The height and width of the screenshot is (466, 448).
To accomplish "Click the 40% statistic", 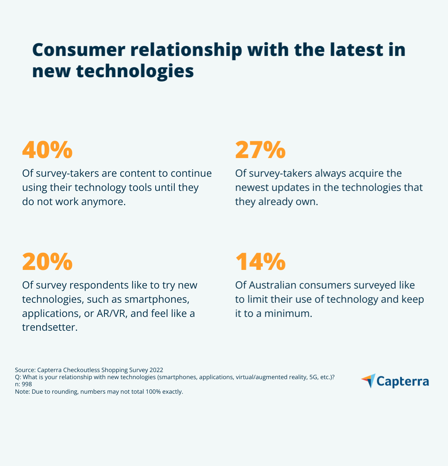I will coord(47,150).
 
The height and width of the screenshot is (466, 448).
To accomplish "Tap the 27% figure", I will coord(260,150).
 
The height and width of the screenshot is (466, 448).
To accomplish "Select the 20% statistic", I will coord(47,262).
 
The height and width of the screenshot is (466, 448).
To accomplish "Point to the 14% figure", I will coord(260,262).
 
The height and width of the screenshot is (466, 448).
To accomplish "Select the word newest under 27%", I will coord(252,188).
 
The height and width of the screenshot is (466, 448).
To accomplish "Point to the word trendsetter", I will coord(50,327).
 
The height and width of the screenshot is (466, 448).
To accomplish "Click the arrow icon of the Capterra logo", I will coord(368,381).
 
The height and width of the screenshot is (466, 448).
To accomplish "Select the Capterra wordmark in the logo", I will coord(402,381).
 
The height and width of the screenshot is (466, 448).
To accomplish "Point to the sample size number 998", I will coord(27,384).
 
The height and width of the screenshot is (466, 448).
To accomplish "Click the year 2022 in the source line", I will coord(156,370).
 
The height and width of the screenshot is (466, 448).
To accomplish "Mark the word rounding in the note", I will coord(65,392).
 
